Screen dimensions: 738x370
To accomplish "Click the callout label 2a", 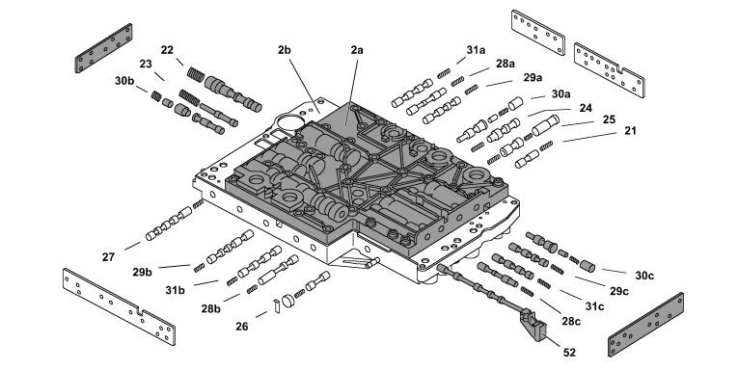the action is (357, 49).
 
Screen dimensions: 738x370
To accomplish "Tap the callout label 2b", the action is (284, 49).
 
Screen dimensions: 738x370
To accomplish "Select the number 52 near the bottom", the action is (569, 353).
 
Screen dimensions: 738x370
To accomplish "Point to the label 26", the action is (241, 327).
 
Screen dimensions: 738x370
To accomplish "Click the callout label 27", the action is (108, 257).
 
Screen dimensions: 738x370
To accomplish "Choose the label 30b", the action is (124, 81).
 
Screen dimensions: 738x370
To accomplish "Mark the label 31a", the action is (476, 50).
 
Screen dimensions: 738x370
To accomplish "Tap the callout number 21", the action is (630, 131).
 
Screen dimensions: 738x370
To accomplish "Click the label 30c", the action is (644, 276).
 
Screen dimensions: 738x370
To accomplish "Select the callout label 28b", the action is (211, 309).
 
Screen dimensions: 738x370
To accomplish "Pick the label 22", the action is (167, 49).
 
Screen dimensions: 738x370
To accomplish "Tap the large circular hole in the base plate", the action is (287, 124).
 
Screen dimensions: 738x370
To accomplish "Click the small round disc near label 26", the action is (287, 301).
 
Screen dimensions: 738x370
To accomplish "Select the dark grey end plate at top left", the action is (103, 48).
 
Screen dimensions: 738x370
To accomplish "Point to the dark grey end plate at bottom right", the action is (645, 325).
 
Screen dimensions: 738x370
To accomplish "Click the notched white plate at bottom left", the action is (119, 307).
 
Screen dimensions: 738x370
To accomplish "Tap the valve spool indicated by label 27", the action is (169, 225).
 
